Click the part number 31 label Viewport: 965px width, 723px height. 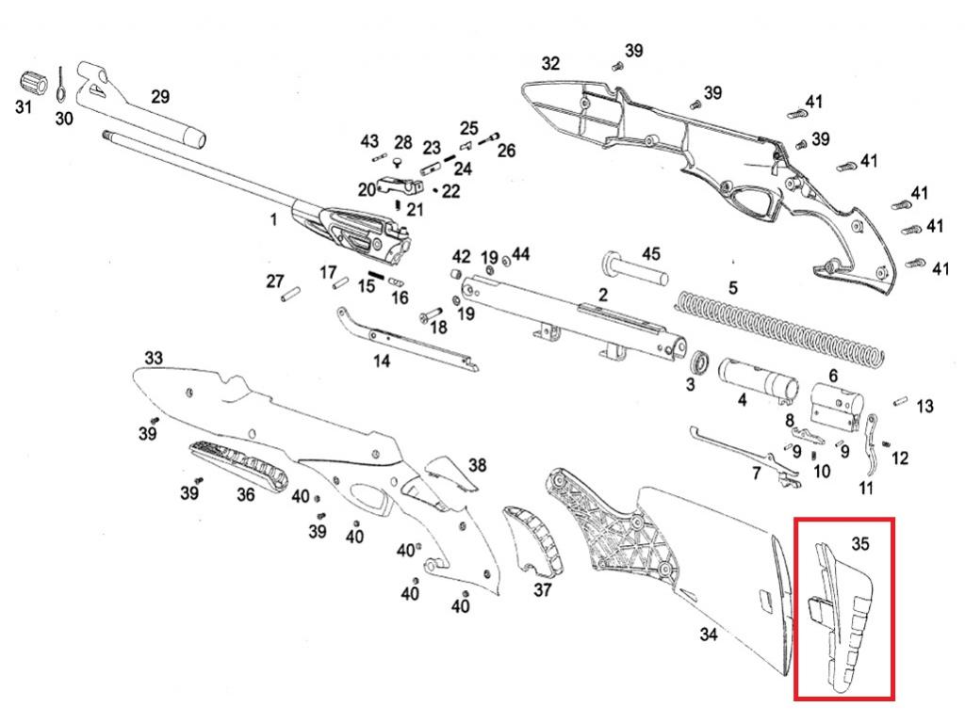(23, 107)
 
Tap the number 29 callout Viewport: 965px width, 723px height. (160, 96)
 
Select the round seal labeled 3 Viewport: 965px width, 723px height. (700, 364)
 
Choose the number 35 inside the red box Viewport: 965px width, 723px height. (859, 543)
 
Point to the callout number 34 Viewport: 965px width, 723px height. (709, 635)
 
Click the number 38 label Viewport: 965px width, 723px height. (478, 465)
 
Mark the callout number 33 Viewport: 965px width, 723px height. (154, 358)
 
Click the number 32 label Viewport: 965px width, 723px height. (550, 63)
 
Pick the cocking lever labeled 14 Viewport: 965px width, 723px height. (405, 340)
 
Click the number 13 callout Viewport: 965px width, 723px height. (924, 406)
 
